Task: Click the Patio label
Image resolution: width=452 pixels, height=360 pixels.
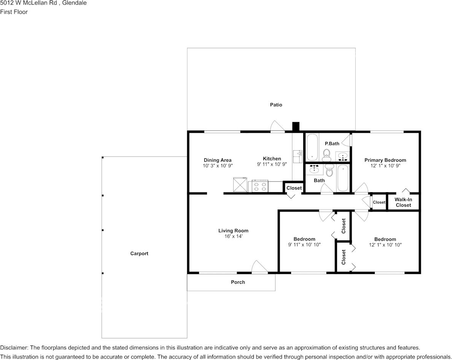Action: coord(276,105)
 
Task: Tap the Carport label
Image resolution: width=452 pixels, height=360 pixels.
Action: coord(139,253)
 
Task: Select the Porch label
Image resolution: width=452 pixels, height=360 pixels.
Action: coord(238,282)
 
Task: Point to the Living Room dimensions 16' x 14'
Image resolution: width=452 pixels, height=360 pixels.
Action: coord(233,236)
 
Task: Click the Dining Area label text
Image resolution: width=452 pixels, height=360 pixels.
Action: coord(217,160)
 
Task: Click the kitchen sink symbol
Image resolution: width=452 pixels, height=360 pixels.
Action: coord(297,156)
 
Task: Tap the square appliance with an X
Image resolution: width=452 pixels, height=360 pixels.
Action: coord(240,185)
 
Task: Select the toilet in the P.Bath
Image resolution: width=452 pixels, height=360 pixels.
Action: coord(326,154)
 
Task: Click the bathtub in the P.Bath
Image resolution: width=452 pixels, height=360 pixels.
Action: coord(312,147)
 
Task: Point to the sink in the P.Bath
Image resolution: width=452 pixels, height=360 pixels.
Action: coord(343,156)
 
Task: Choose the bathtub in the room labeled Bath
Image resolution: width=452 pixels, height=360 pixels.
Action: coord(343,178)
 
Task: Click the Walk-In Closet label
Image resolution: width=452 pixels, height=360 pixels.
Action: coord(403,202)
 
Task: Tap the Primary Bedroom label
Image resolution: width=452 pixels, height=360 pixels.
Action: coord(385,160)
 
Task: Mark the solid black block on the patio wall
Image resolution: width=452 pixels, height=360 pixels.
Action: coord(296,126)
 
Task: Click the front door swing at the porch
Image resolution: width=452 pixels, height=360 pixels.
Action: coord(260,267)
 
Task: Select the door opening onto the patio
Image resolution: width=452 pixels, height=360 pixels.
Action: coord(277,127)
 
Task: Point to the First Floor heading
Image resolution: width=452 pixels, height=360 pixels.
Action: coord(14,12)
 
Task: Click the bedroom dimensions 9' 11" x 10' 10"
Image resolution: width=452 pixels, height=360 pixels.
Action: coord(304,245)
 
